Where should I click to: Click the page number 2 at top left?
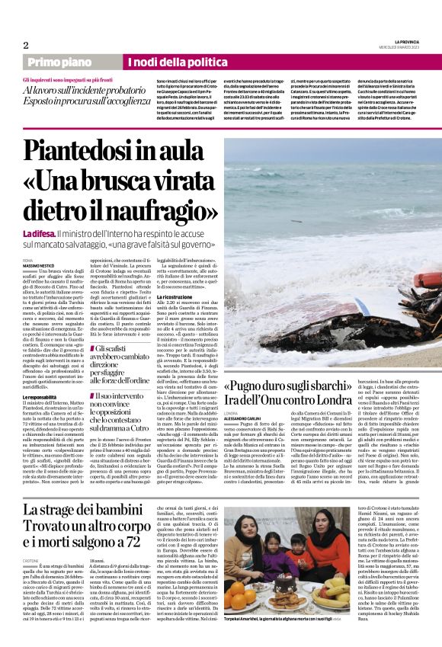(26, 45)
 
